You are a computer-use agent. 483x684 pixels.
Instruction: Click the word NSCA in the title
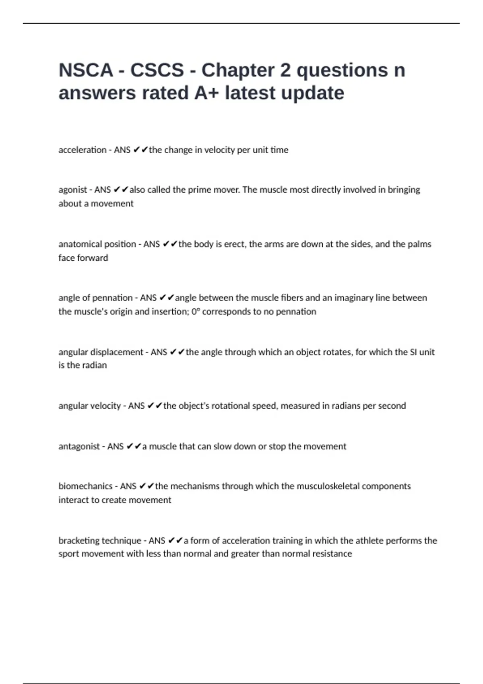click(86, 70)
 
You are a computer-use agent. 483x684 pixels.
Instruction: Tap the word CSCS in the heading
click(157, 70)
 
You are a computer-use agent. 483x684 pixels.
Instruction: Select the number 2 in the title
click(285, 70)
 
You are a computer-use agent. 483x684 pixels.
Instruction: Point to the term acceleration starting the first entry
click(83, 150)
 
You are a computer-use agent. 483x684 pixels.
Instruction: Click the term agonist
click(73, 190)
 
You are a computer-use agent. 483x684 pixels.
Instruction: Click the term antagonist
click(79, 446)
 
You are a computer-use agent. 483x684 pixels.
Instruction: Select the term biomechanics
click(85, 486)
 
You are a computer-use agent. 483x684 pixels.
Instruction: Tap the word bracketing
click(79, 540)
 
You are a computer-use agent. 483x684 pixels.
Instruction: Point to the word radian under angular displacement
click(95, 365)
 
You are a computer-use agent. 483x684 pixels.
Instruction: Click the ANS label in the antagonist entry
click(116, 446)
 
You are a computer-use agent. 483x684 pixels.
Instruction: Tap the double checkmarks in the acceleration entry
click(140, 150)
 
